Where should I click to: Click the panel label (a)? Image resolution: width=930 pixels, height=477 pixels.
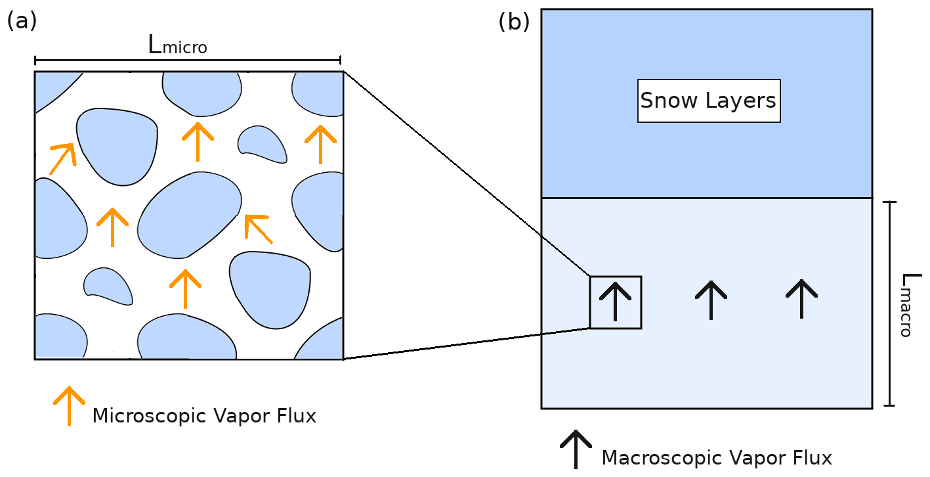pyautogui.click(x=22, y=21)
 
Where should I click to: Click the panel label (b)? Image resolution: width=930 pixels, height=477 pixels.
pyautogui.click(x=513, y=22)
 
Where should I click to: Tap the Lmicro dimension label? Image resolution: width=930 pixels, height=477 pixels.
pyautogui.click(x=177, y=45)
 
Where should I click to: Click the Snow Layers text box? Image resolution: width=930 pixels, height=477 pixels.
pyautogui.click(x=708, y=101)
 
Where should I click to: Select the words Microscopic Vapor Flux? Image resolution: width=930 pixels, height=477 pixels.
pyautogui.click(x=204, y=416)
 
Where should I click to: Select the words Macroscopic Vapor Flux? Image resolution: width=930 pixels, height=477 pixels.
pyautogui.click(x=716, y=458)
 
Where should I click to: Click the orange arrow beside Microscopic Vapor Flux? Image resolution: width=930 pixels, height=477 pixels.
pyautogui.click(x=69, y=404)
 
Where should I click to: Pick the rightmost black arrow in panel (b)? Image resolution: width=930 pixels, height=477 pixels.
pyautogui.click(x=801, y=298)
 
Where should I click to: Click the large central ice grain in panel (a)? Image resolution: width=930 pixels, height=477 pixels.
pyautogui.click(x=190, y=214)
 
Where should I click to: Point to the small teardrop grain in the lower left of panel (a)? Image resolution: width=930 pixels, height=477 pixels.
pyautogui.click(x=108, y=286)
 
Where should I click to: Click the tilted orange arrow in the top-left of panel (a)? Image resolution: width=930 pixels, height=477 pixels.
pyautogui.click(x=62, y=158)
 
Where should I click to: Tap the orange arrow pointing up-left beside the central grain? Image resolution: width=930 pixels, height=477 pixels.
pyautogui.click(x=257, y=228)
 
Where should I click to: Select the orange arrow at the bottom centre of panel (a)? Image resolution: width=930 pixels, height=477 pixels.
pyautogui.click(x=185, y=288)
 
